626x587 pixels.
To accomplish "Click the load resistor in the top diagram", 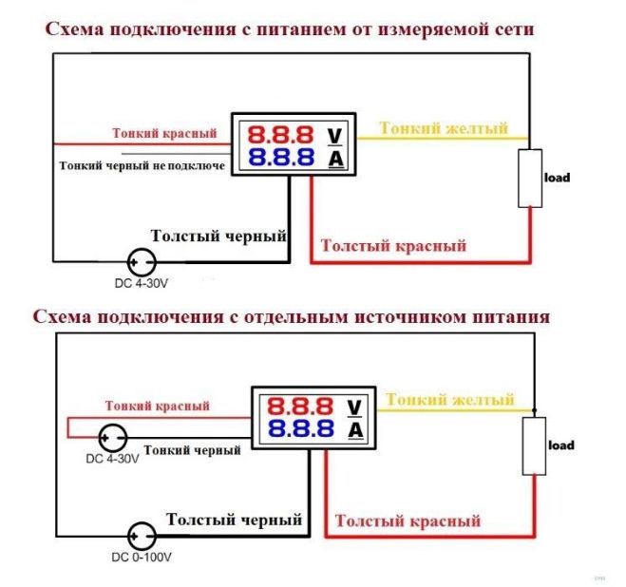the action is tap(530, 179).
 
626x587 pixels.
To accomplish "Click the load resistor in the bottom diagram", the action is tap(534, 446).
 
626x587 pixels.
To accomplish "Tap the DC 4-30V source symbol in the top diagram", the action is tap(142, 262).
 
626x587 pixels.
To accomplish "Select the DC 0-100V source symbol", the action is tap(142, 537).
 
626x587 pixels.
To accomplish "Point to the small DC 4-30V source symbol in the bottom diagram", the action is tap(113, 438).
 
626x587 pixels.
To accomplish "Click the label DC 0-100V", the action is tap(142, 558).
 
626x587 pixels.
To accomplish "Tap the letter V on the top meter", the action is tap(334, 136).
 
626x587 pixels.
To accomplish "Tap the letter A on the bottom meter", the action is tap(355, 430).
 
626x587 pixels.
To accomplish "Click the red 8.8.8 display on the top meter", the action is tap(280, 135).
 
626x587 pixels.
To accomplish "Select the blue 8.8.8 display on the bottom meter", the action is tap(300, 429).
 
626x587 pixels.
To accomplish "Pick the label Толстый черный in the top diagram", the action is tap(218, 236).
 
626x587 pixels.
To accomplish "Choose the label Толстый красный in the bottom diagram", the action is tap(408, 521).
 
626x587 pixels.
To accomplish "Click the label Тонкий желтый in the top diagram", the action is tap(444, 128).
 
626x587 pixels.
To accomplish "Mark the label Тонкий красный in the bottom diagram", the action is tap(158, 406).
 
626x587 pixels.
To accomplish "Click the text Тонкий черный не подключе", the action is tap(142, 165).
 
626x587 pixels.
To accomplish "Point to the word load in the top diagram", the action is tap(557, 178).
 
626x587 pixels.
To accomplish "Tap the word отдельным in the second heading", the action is tap(295, 317).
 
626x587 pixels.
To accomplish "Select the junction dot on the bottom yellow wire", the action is tap(535, 410).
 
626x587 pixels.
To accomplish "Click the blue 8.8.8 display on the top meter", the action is tap(281, 158).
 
